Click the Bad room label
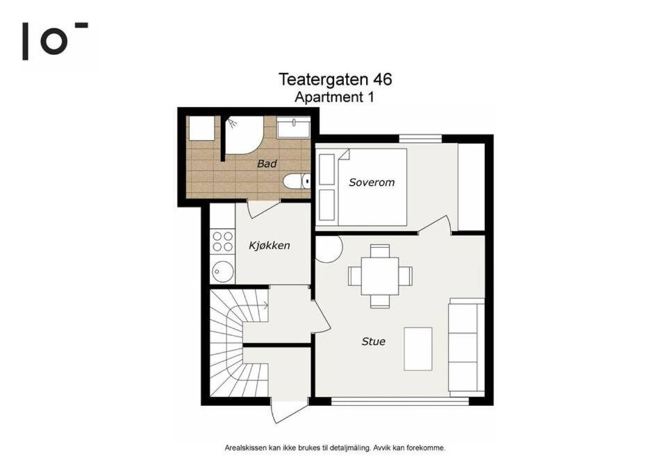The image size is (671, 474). point(267,164)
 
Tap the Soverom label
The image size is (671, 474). point(372,183)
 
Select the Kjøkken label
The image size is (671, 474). point(270,246)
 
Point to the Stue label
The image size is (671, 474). point(374,341)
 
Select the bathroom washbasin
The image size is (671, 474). point(293,127)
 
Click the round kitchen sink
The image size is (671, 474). point(223,271)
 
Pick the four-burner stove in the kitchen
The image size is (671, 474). point(223,242)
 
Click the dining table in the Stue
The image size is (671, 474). point(380,276)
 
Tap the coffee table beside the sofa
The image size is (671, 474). point(418,349)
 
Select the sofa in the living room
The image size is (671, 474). point(467,348)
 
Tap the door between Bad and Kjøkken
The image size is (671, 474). point(263,209)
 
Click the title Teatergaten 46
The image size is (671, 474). point(335,80)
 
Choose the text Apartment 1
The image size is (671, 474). point(335,97)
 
